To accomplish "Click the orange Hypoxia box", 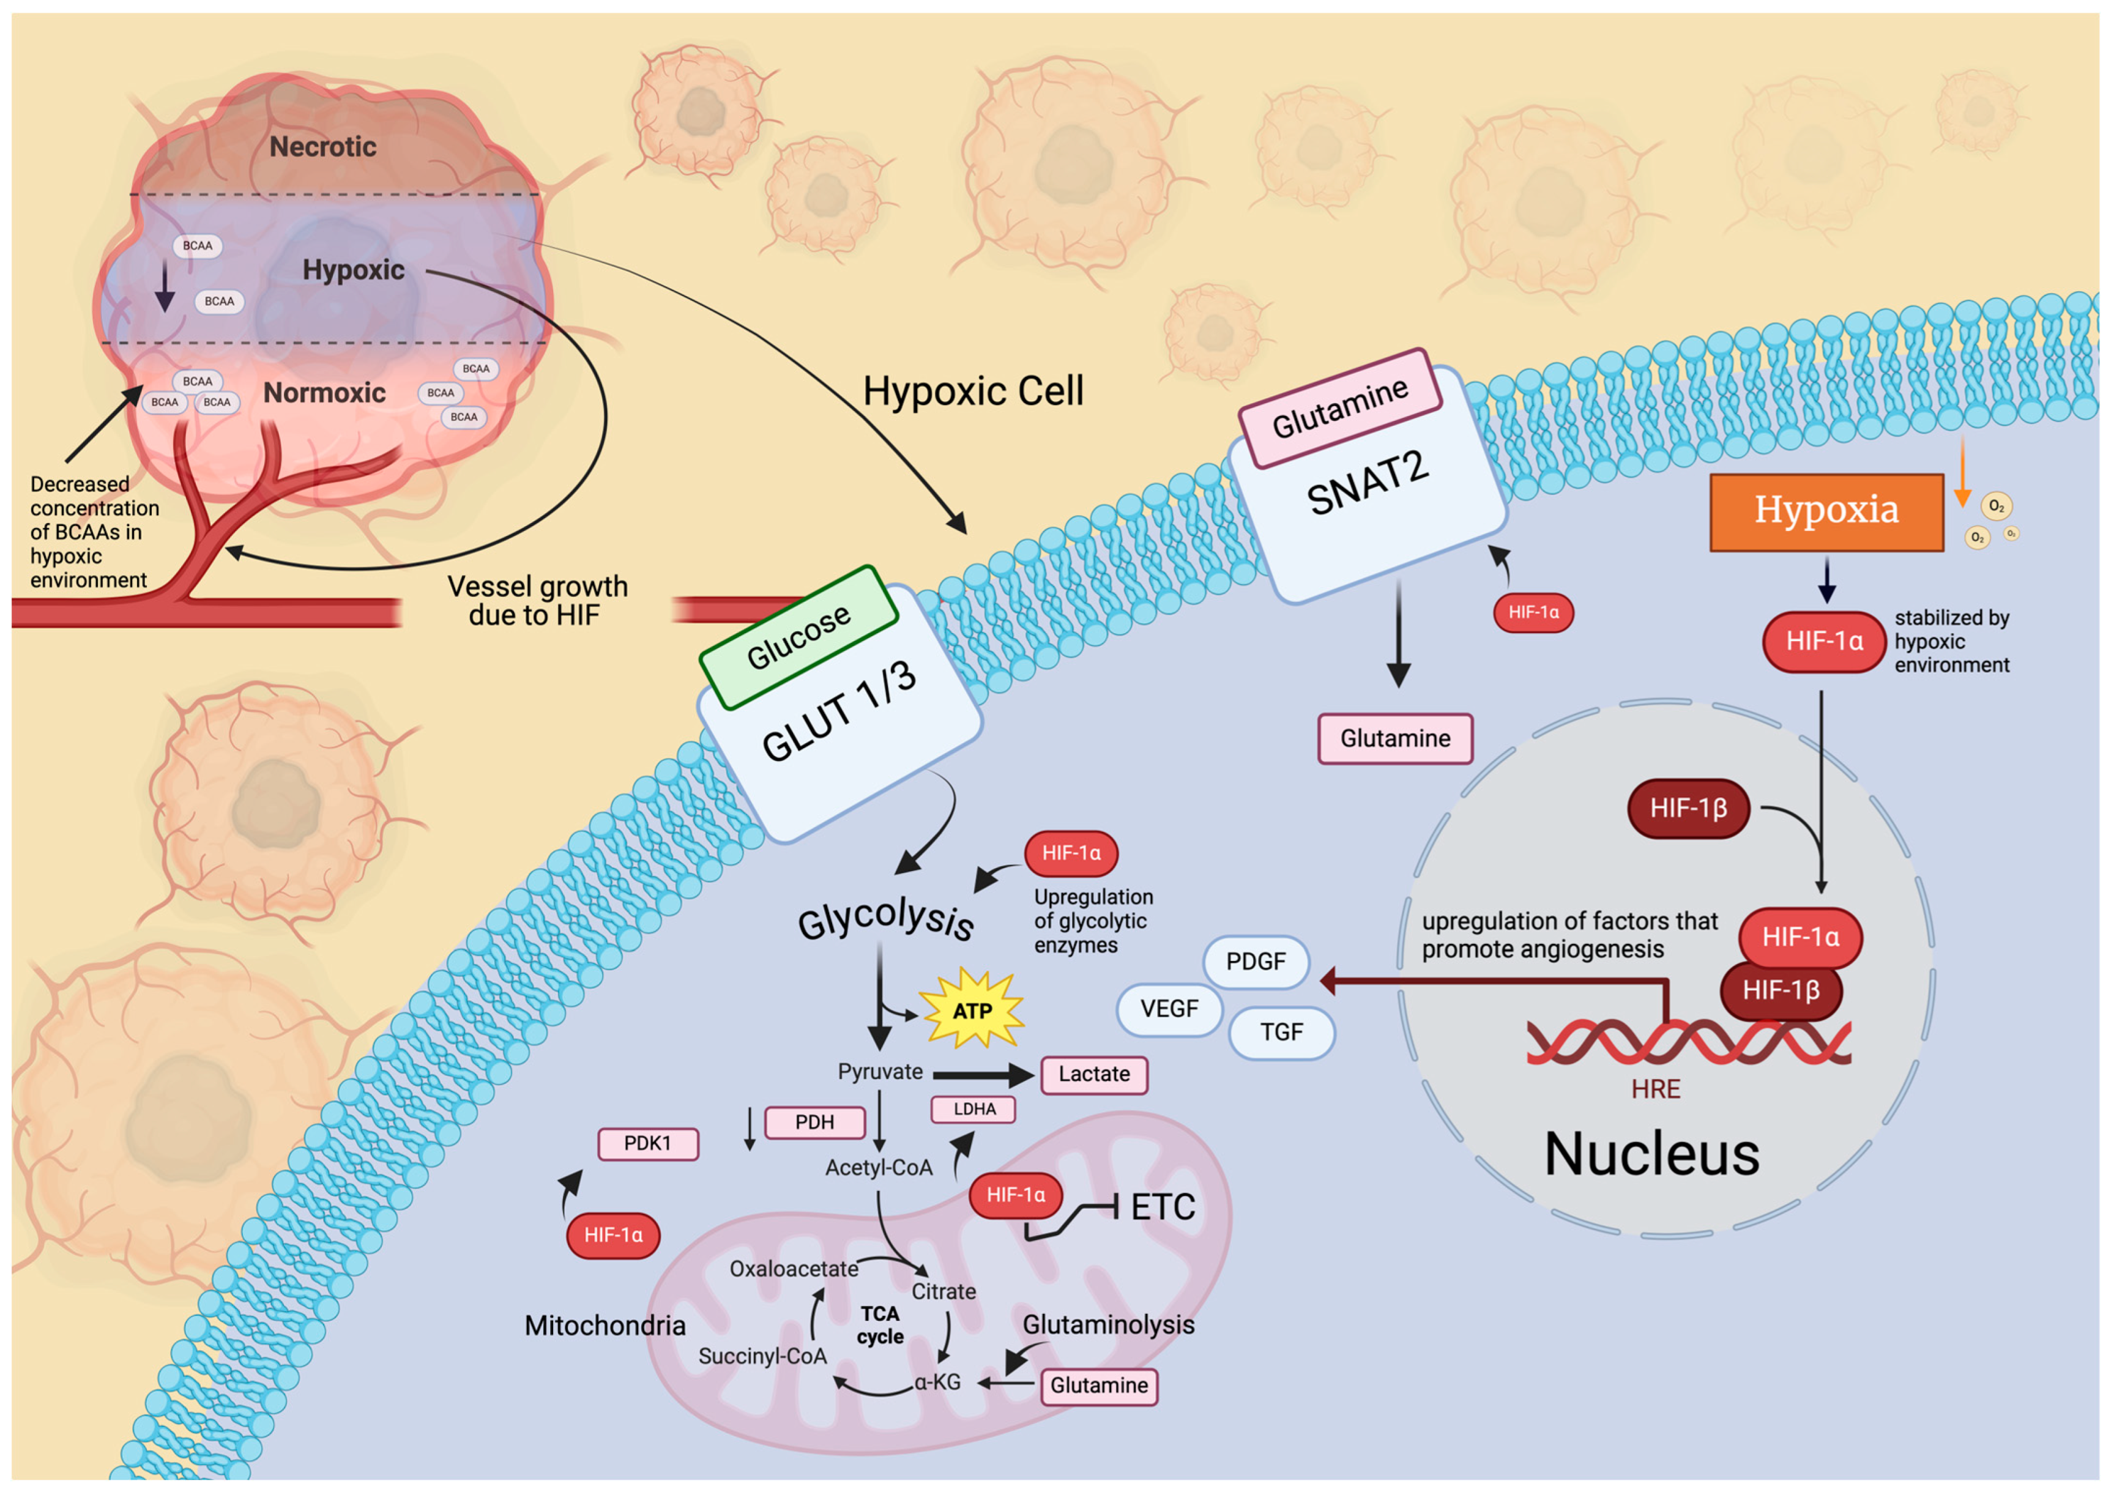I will [x=1826, y=513].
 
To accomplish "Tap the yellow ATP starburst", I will [x=972, y=1010].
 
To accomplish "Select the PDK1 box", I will [x=648, y=1143].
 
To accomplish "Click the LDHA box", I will [x=973, y=1109].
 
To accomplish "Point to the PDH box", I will [x=815, y=1122].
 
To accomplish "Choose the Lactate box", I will [x=1094, y=1074].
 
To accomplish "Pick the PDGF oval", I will [x=1255, y=961].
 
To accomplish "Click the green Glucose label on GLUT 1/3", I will [x=798, y=637].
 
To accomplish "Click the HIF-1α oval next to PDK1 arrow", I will [x=613, y=1235].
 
